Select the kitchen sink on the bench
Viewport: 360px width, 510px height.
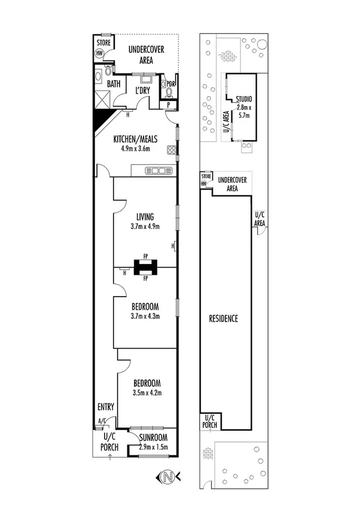(x=159, y=171)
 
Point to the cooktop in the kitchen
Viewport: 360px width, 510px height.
(x=172, y=150)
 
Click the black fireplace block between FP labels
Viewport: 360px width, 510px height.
(x=145, y=266)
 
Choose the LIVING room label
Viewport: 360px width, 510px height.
(x=145, y=217)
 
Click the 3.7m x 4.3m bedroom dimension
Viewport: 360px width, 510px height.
(x=145, y=316)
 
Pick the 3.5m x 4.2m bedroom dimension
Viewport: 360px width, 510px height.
(x=147, y=392)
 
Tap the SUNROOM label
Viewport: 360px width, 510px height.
(x=153, y=438)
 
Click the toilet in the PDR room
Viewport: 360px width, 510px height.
(x=168, y=92)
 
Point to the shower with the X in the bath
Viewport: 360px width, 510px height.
(x=100, y=100)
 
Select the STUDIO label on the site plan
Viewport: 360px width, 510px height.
(x=243, y=99)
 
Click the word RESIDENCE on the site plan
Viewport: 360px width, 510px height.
(x=223, y=318)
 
